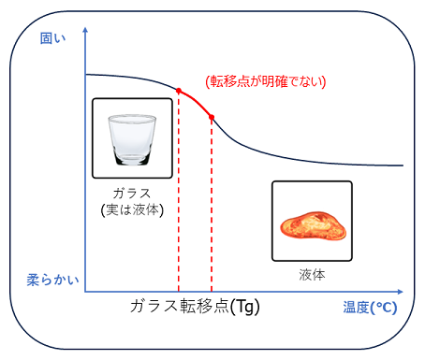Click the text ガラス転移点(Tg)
194,307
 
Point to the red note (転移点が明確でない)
265,81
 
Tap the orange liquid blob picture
311,223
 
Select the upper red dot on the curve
178,90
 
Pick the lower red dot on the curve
212,117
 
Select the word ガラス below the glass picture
131,193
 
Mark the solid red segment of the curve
196,100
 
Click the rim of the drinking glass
131,119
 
